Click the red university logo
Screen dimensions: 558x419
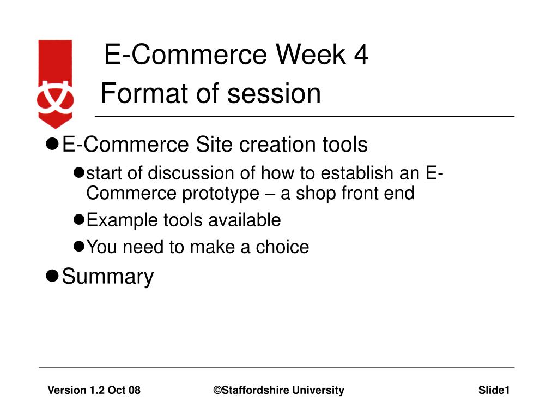click(55, 83)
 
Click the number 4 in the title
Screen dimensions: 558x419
click(361, 55)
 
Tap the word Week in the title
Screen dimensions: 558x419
click(311, 55)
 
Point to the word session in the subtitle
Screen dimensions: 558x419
click(274, 93)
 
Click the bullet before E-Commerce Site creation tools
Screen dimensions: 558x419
click(52, 144)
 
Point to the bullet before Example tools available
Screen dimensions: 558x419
click(78, 219)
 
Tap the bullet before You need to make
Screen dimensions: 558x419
click(78, 246)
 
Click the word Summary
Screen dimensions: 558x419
click(108, 277)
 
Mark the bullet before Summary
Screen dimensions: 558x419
click(52, 276)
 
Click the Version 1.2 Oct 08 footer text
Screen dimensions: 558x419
click(94, 390)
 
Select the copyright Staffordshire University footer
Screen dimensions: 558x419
click(278, 390)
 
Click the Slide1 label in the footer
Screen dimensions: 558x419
click(494, 390)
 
